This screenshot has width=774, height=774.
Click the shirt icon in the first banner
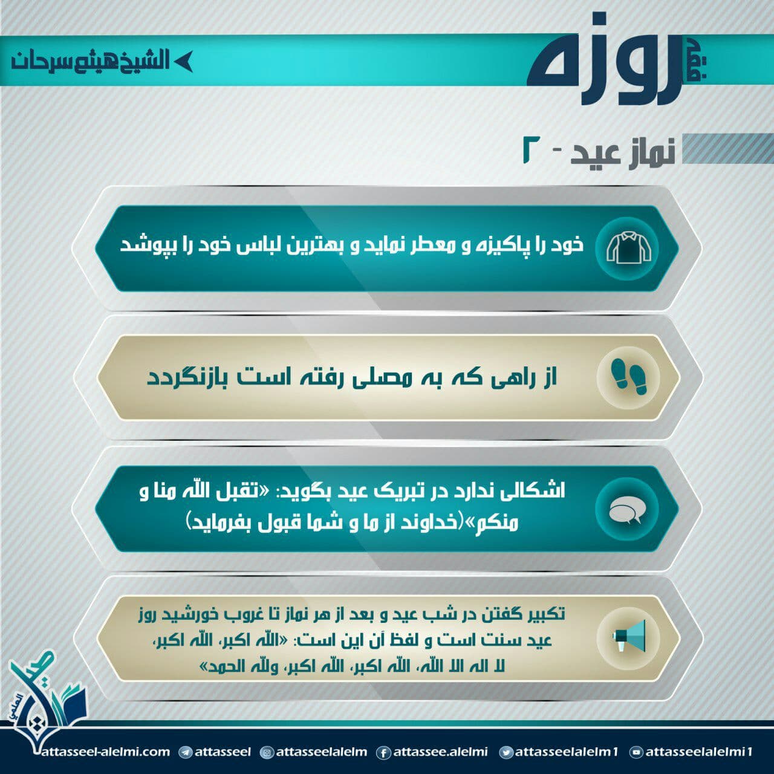629,249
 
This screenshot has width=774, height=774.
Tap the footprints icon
629,377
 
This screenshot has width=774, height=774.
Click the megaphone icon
629,636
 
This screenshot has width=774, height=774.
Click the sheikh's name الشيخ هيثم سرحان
90,62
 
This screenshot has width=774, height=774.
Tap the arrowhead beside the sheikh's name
184,62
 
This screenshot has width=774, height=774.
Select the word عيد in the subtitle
595,155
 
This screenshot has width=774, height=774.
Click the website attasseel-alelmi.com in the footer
106,751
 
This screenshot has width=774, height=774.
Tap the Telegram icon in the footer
185,752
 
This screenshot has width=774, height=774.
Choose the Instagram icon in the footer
266,752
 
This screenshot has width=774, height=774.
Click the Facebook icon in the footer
383,752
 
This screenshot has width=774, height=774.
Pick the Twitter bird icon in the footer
506,752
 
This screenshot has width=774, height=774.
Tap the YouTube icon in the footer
636,752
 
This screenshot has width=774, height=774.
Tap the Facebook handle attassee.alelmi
441,751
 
